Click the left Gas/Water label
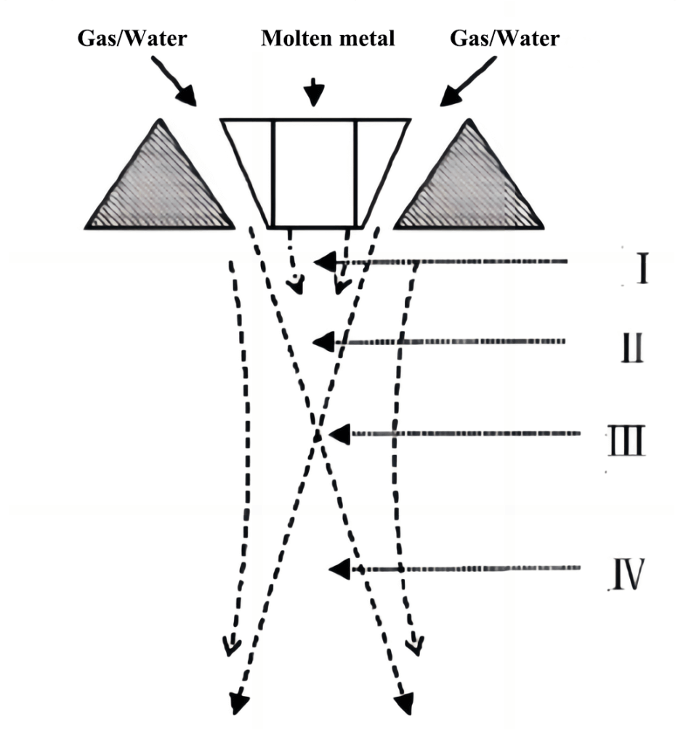(x=132, y=39)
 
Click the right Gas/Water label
(x=505, y=39)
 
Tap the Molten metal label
(x=328, y=39)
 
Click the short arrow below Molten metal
(x=314, y=92)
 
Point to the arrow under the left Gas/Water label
(x=174, y=81)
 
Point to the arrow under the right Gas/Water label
(x=468, y=81)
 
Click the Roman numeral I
(x=642, y=269)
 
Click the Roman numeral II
(x=632, y=348)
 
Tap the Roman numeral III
(x=626, y=440)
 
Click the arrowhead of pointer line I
(x=325, y=262)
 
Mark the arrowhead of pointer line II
(x=323, y=341)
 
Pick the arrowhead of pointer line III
(x=339, y=434)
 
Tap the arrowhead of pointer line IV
(x=339, y=569)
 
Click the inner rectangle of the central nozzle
(x=314, y=173)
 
